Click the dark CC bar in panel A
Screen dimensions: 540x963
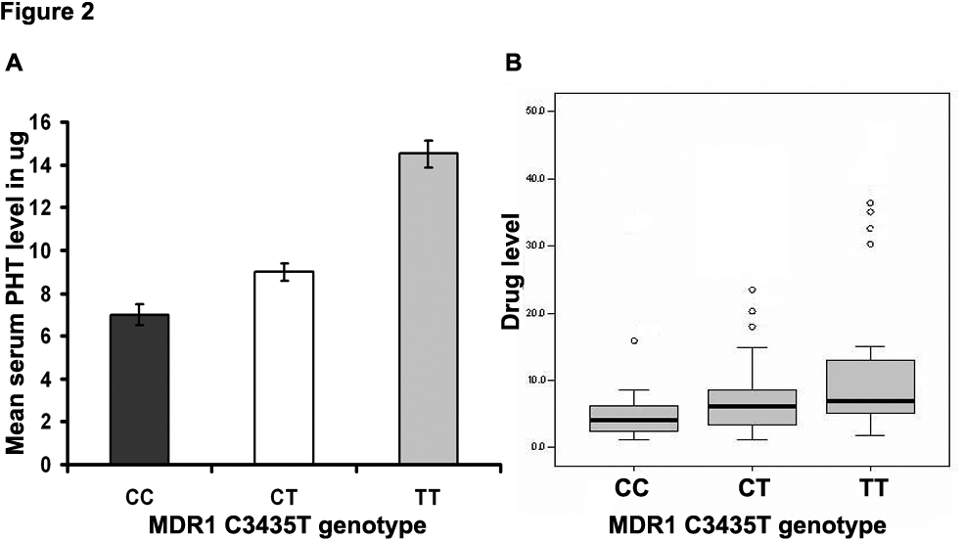point(141,389)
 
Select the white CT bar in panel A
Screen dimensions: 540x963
point(284,368)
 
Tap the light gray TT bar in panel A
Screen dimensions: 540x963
point(427,308)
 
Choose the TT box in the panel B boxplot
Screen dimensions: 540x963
point(869,387)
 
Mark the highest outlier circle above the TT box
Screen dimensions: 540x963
point(869,203)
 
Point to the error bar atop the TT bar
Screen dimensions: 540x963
point(427,154)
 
